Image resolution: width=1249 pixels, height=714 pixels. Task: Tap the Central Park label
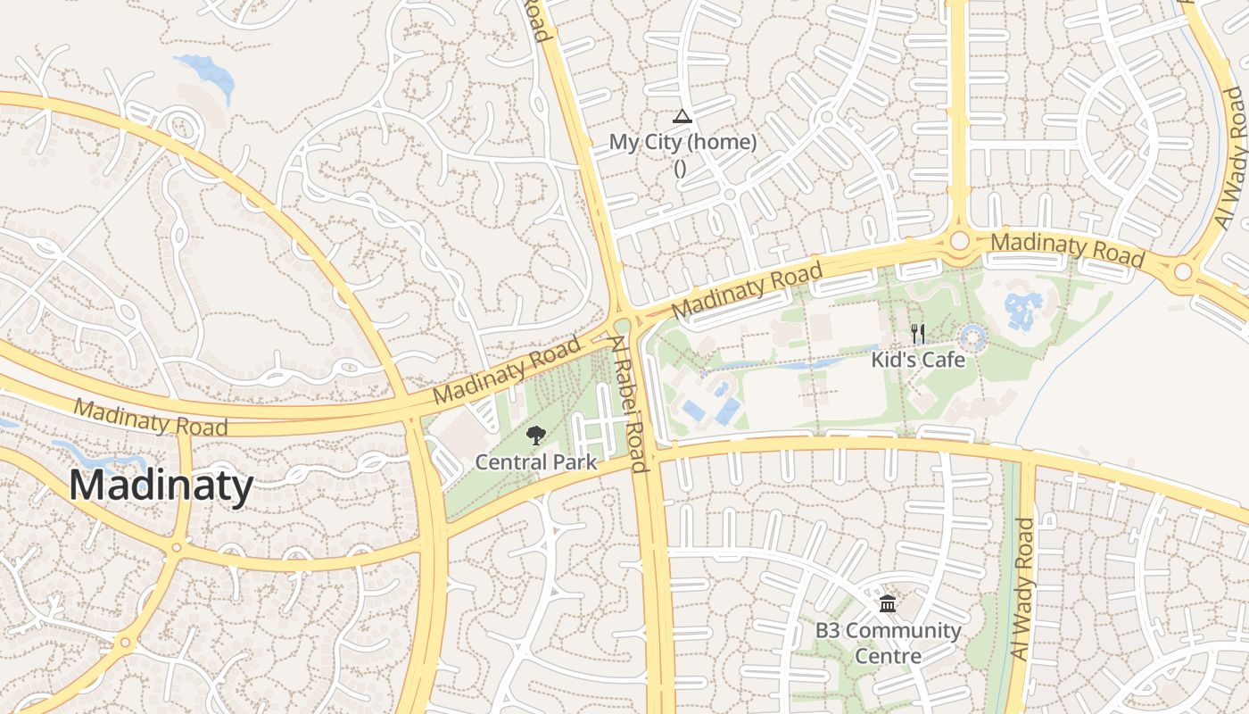point(535,461)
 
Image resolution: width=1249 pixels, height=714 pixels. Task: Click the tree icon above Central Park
point(535,436)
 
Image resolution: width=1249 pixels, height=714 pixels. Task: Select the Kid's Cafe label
point(918,360)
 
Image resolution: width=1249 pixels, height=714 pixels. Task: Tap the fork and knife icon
point(917,335)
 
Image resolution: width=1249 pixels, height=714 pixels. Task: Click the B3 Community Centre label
point(888,643)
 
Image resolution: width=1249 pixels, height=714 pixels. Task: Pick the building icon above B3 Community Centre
point(888,604)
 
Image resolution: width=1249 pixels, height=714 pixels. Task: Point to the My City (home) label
point(682,142)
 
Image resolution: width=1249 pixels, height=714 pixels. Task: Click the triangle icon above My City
point(682,116)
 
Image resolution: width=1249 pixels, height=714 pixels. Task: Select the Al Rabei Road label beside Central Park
point(628,403)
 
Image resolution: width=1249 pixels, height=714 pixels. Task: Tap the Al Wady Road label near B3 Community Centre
point(1022,590)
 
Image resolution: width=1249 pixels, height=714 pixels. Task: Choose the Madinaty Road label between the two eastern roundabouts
point(1067,248)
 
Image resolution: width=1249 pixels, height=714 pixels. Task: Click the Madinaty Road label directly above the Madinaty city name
point(151,418)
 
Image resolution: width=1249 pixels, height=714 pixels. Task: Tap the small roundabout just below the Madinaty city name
point(177,547)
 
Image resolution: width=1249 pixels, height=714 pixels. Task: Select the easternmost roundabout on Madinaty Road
point(1184,271)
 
